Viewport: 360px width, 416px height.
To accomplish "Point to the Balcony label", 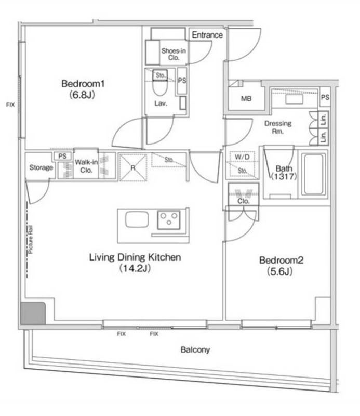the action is point(195,349).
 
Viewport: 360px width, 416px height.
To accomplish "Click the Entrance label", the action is point(207,35).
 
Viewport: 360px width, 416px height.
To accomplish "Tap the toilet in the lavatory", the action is point(160,85).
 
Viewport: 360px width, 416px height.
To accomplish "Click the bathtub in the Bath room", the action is point(314,174).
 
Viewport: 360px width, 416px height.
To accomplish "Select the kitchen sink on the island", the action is point(137,219).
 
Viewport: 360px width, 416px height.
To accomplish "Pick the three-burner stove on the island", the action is point(169,219).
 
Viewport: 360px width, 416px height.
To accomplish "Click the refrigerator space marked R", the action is point(133,167).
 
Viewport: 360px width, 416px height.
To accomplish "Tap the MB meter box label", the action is point(246,99).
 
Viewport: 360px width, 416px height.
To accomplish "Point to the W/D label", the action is point(242,157).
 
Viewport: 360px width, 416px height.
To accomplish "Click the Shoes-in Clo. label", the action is point(174,54).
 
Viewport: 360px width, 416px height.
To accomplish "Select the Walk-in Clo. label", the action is point(86,166).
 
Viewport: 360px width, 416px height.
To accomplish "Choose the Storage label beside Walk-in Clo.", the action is point(41,167).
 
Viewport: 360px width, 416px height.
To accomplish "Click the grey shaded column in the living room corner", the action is point(33,313).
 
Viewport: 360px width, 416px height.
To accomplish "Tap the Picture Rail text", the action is point(31,240).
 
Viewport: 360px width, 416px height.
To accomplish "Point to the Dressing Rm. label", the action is point(278,127).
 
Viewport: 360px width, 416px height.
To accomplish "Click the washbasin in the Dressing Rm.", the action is point(294,99).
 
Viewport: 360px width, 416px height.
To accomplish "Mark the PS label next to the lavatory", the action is point(182,81).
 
